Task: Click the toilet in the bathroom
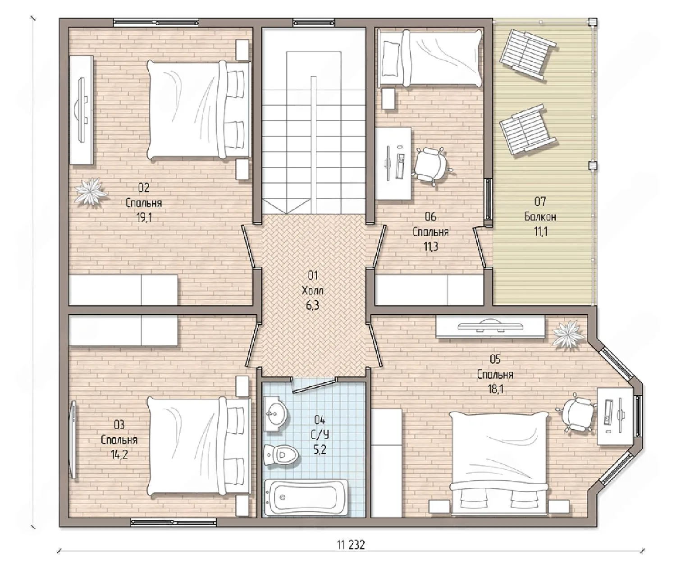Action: tap(281, 455)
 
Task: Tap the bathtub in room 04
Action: tap(306, 499)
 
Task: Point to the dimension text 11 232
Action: tap(351, 545)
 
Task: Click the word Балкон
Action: tap(540, 216)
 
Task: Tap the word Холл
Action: tap(312, 290)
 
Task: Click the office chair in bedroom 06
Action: tap(431, 166)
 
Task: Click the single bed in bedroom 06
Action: tap(430, 58)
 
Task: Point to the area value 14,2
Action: tap(119, 455)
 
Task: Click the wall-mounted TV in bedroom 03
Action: tap(74, 440)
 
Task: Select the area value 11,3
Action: tap(430, 247)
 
